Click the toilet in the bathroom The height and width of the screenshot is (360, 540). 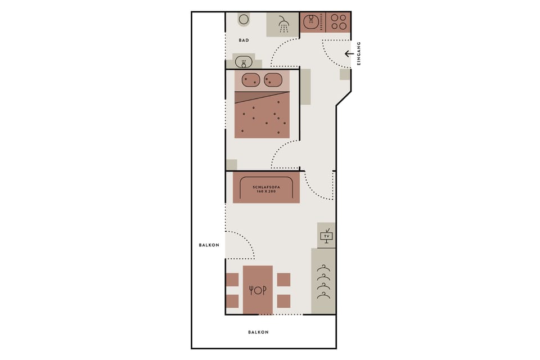[244, 20]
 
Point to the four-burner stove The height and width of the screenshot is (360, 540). [338, 21]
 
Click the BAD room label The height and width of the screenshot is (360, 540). [244, 40]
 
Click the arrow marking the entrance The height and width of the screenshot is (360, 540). [349, 54]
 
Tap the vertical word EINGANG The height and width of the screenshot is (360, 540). [359, 53]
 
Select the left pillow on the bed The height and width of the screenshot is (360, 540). [250, 80]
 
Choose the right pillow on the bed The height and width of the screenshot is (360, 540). [273, 80]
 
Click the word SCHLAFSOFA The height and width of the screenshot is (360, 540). [266, 186]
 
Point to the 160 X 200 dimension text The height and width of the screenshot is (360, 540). [266, 192]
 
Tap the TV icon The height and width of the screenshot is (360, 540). [326, 236]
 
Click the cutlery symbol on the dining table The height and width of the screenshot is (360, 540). [258, 290]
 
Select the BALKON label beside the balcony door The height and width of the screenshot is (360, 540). [209, 245]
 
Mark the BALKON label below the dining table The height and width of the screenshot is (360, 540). [258, 332]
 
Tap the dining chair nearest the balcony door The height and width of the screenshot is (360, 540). [232, 280]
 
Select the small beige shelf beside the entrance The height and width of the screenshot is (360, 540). [345, 74]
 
